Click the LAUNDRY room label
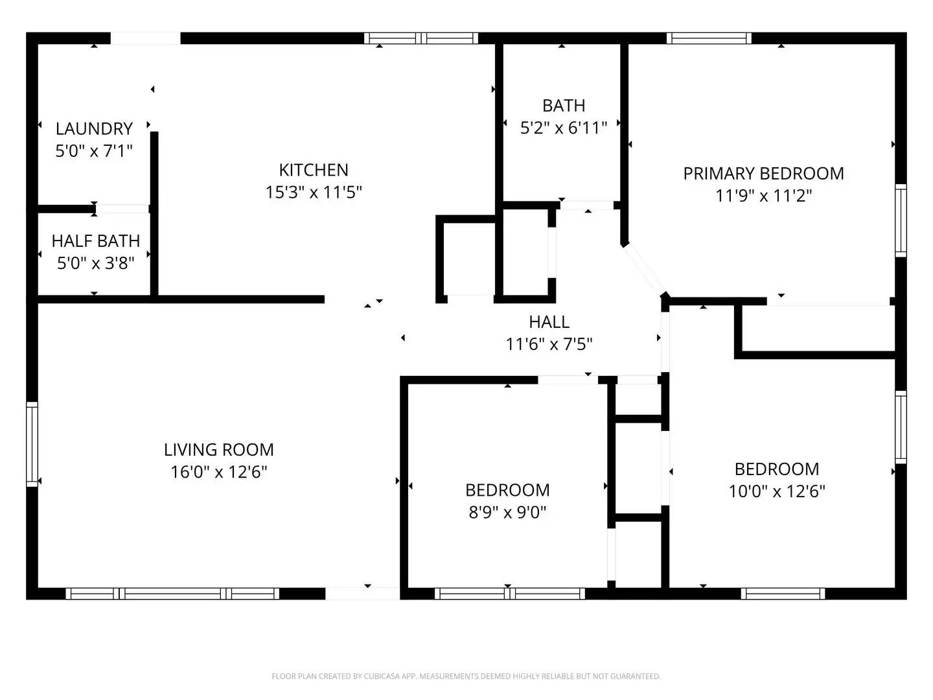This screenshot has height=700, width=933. [94, 128]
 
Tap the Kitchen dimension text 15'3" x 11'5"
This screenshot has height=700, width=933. [314, 192]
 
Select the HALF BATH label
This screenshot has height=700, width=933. [96, 240]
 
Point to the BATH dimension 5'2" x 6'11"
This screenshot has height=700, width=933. [564, 128]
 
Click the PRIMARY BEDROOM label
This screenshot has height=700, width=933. [763, 174]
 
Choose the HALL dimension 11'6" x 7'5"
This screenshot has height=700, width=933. [549, 344]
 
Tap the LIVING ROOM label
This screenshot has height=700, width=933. [218, 449]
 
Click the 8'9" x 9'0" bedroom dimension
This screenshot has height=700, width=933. [507, 513]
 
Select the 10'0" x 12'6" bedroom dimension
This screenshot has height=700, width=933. [777, 491]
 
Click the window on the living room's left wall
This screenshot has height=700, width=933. [32, 444]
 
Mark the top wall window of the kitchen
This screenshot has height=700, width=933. [421, 38]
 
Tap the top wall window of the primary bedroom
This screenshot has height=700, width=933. [709, 38]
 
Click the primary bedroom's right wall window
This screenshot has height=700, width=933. [901, 220]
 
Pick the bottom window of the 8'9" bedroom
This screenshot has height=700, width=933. [510, 593]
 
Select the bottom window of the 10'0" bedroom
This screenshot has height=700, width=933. [783, 593]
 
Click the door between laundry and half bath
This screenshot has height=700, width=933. [122, 209]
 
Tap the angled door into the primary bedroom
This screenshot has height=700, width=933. [645, 270]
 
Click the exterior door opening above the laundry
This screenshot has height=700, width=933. [145, 38]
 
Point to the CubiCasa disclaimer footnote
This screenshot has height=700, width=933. [466, 676]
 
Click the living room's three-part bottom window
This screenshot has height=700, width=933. [172, 593]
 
